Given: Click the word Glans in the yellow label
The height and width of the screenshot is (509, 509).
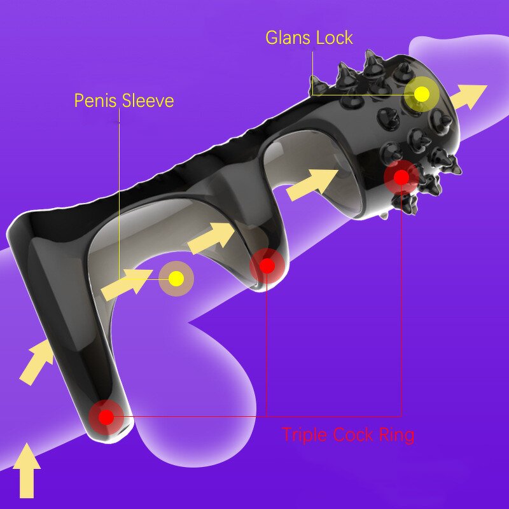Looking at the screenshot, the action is click(289, 38).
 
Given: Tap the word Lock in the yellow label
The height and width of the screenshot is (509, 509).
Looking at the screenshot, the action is click(335, 38).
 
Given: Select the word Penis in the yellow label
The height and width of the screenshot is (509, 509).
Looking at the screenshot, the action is click(96, 101).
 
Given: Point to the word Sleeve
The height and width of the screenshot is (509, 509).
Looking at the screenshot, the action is click(148, 101).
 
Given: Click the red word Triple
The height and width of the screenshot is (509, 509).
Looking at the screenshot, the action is click(305, 435).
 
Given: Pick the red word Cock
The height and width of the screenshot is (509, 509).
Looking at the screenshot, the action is click(353, 435).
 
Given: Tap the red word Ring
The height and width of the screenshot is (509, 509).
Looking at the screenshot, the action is click(396, 435).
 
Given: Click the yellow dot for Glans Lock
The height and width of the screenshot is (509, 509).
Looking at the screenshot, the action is click(422, 94).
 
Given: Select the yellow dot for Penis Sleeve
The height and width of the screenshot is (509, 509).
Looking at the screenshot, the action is click(176, 279).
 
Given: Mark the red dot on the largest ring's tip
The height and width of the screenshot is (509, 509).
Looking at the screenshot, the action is click(106, 417).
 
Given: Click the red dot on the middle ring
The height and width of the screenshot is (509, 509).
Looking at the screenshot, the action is click(267, 266).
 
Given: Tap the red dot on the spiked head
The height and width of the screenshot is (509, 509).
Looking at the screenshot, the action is click(401, 177).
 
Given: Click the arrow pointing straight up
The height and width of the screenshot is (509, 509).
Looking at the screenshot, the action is click(27, 471).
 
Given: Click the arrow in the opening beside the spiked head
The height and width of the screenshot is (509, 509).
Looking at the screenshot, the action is click(312, 185).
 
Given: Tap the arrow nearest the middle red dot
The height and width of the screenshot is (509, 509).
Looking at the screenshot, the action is click(211, 238).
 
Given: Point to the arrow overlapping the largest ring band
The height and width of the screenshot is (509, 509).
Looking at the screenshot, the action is click(36, 362).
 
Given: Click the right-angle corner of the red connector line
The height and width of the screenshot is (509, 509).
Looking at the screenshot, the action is click(401, 417).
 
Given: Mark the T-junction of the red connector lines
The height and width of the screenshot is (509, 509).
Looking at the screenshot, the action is click(267, 417).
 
